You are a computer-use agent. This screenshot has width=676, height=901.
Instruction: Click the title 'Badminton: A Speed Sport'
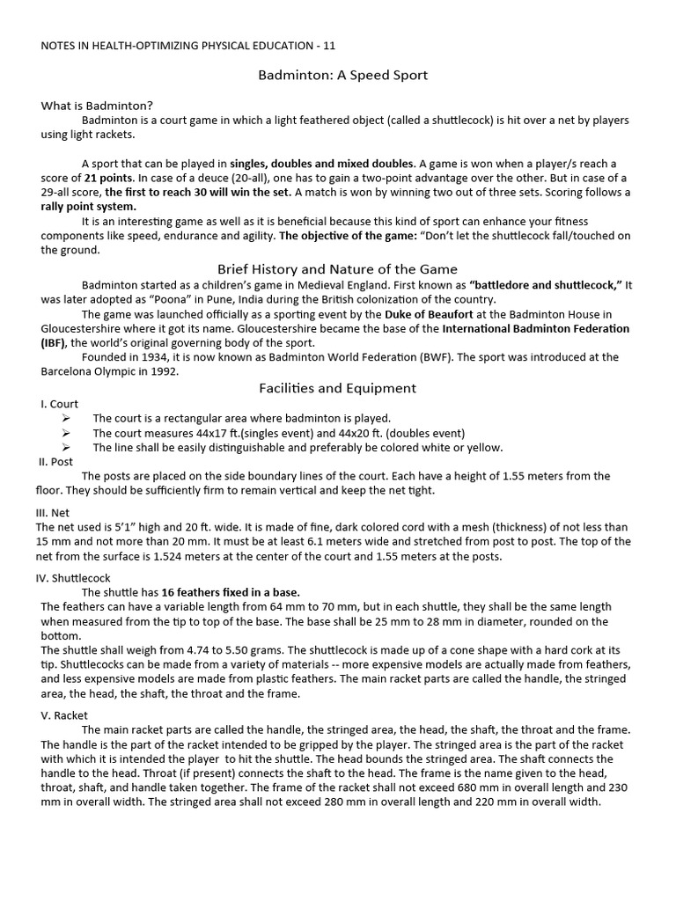click(x=342, y=76)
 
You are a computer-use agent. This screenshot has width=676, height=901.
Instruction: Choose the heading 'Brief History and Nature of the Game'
click(x=337, y=269)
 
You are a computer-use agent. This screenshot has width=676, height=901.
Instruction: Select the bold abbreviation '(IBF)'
click(x=54, y=343)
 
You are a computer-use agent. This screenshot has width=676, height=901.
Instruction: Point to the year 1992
click(x=163, y=371)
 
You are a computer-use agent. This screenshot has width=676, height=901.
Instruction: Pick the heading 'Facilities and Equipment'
click(x=337, y=388)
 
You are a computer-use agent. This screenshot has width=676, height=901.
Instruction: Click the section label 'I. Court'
click(x=59, y=404)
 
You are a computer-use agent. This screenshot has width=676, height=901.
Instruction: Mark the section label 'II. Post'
click(x=55, y=461)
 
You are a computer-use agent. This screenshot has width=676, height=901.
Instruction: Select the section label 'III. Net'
click(x=53, y=512)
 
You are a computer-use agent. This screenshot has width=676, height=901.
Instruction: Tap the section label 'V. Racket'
click(x=64, y=715)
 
